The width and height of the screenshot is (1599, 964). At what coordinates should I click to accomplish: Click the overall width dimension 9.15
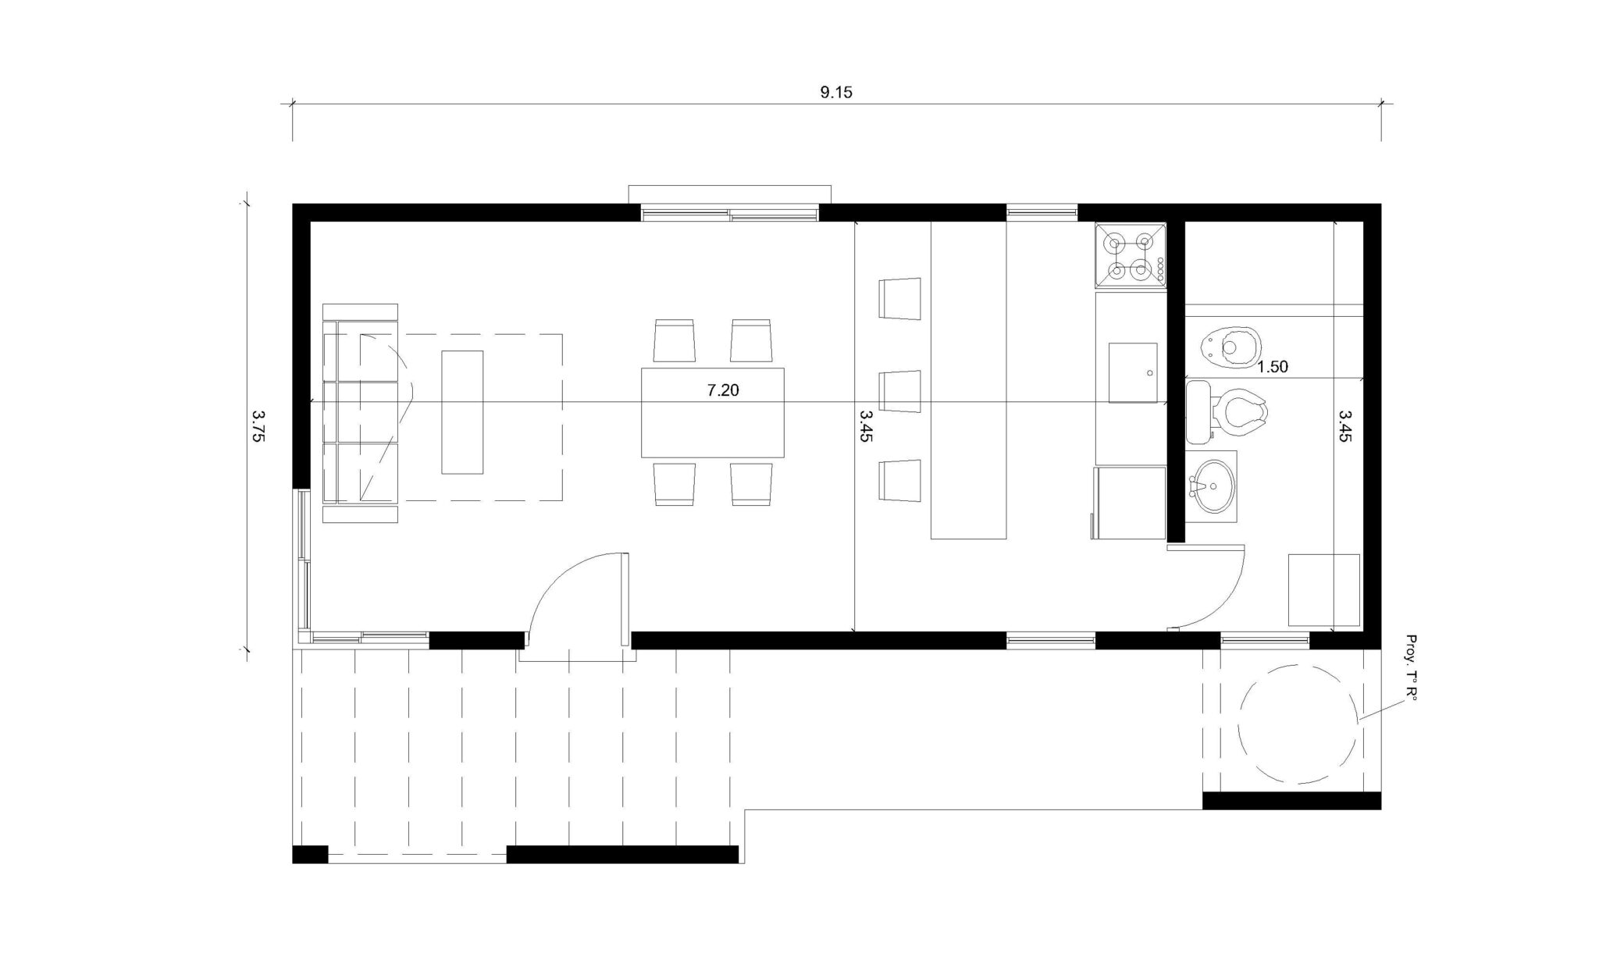pos(836,92)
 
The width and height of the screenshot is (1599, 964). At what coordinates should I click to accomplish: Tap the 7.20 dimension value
pos(723,390)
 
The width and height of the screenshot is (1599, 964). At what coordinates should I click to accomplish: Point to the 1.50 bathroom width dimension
pos(1273,367)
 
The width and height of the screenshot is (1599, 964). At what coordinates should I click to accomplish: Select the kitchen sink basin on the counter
pos(1133,372)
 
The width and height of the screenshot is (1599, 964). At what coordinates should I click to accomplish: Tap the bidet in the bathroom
pos(1230,347)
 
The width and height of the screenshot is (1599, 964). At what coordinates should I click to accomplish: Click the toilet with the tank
pos(1226,411)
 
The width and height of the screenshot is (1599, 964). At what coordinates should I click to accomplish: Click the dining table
pos(713,412)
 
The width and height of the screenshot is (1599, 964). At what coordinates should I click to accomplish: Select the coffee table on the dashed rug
pos(462,412)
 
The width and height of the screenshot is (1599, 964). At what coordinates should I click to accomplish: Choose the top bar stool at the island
pos(900,298)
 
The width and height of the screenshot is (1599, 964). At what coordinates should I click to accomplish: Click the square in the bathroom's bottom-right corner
pos(1324,590)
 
